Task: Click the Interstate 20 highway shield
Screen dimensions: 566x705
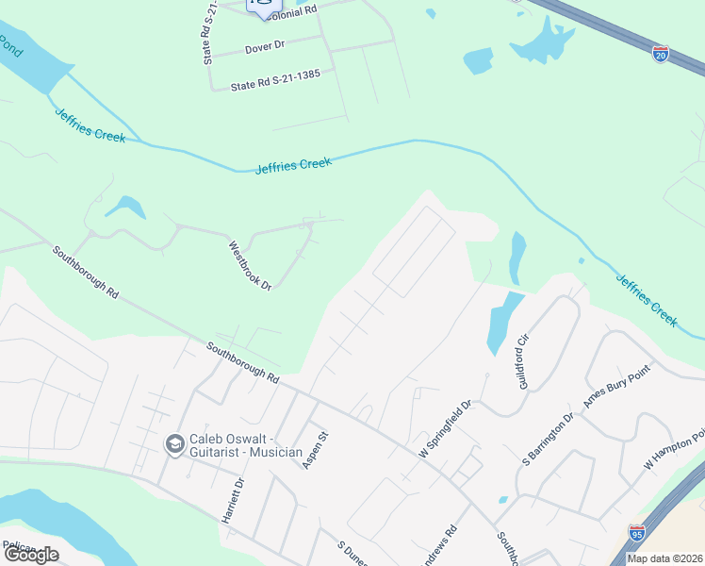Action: coord(661,54)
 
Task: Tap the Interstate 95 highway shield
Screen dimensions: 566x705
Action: coord(637,533)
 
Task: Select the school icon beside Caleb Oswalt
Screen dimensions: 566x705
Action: coord(173,443)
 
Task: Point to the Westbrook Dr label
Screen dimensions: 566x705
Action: coord(250,265)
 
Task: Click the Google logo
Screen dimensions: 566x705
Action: coord(31,555)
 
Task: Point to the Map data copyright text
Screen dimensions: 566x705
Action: coord(665,558)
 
